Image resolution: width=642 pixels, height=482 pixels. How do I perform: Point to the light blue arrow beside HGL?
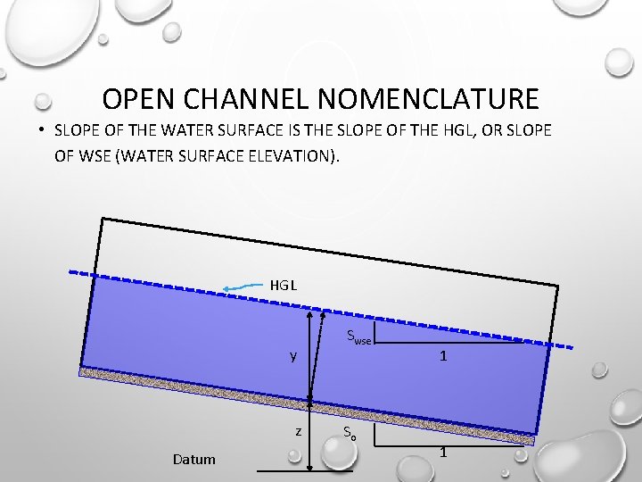[242, 287]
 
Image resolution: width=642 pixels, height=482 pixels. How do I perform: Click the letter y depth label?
[292, 356]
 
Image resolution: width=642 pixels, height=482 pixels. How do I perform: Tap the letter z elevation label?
[300, 431]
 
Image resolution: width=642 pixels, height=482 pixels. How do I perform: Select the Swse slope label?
[358, 337]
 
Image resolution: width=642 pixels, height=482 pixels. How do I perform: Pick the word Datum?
[193, 460]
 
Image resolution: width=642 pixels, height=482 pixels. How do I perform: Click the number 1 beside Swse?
[442, 355]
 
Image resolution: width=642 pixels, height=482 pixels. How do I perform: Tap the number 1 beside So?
[443, 453]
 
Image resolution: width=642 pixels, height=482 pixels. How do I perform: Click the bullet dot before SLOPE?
[42, 130]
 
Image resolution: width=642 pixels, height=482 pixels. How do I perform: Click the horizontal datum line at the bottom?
[303, 470]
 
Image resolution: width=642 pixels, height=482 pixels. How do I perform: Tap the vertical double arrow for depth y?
[309, 357]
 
